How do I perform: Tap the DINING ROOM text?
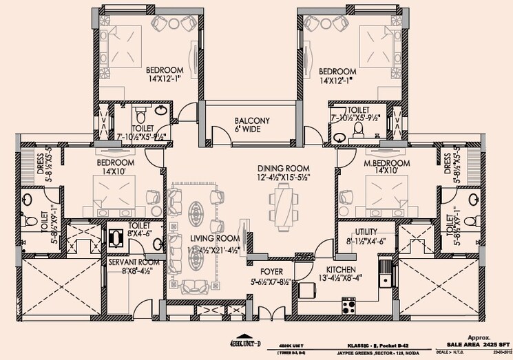(283, 168)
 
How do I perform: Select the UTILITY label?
(365, 233)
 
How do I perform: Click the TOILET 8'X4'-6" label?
(140, 225)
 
